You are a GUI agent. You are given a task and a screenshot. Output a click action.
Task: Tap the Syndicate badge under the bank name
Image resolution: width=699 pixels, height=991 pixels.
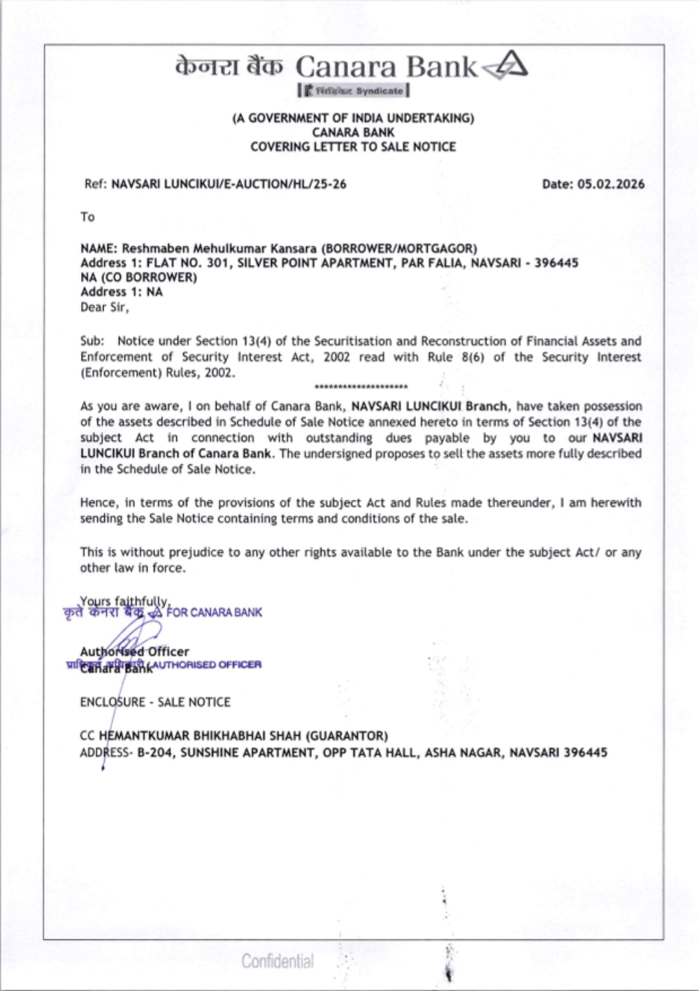pyautogui.click(x=354, y=91)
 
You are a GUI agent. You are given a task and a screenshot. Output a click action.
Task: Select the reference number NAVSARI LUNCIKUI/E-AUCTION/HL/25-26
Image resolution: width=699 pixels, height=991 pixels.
pyautogui.click(x=229, y=185)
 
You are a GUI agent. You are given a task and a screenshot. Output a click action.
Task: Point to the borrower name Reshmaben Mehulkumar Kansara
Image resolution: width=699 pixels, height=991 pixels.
pyautogui.click(x=219, y=248)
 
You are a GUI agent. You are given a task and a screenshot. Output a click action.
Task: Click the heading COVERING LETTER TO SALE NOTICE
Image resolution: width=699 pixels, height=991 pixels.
pyautogui.click(x=353, y=147)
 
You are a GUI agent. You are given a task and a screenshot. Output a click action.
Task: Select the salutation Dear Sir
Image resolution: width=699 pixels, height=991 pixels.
pyautogui.click(x=104, y=307)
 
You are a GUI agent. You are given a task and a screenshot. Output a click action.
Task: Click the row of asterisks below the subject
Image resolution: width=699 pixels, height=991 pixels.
pyautogui.click(x=361, y=386)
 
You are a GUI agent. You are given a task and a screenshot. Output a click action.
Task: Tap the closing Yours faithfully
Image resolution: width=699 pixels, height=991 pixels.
pyautogui.click(x=124, y=601)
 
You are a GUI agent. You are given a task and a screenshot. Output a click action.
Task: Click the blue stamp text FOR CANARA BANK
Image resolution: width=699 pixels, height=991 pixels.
pyautogui.click(x=215, y=612)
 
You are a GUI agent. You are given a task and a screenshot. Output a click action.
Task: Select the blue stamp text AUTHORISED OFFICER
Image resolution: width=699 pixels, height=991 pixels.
pyautogui.click(x=207, y=665)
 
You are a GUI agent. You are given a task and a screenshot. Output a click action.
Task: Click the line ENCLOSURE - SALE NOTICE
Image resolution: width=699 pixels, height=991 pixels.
pyautogui.click(x=155, y=702)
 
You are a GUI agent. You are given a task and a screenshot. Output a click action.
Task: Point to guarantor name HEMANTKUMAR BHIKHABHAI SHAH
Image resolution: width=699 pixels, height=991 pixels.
pyautogui.click(x=201, y=736)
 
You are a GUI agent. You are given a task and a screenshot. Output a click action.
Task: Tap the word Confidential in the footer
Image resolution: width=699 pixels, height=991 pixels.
pyautogui.click(x=278, y=961)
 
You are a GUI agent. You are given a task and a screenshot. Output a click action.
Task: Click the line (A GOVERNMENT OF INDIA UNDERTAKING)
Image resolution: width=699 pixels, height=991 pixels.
pyautogui.click(x=353, y=118)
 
